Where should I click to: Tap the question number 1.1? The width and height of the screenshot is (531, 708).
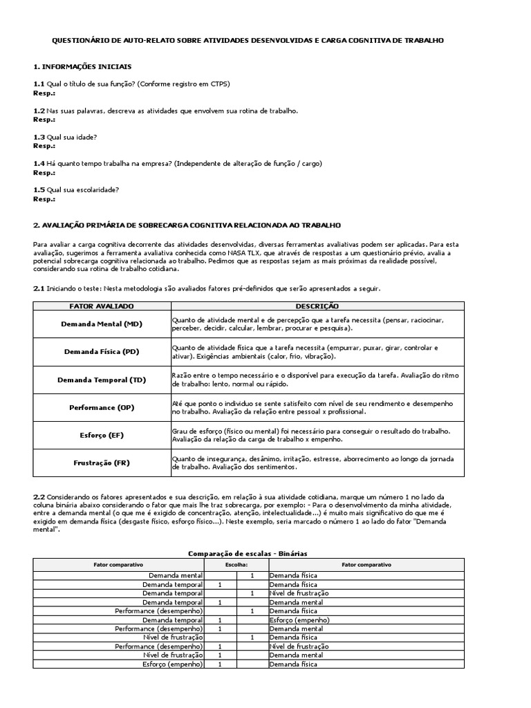pos(39,84)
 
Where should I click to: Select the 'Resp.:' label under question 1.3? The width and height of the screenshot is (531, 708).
pos(44,146)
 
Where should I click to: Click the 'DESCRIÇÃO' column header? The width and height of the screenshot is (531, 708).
pos(317,306)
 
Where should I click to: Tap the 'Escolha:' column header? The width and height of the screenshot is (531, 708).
pos(235,564)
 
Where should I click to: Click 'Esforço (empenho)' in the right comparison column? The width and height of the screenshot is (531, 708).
pos(293,619)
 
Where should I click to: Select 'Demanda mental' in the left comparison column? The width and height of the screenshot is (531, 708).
pos(176,575)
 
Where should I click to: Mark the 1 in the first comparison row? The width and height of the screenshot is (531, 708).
pos(252,575)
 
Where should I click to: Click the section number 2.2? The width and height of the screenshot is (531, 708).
pos(39,496)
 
